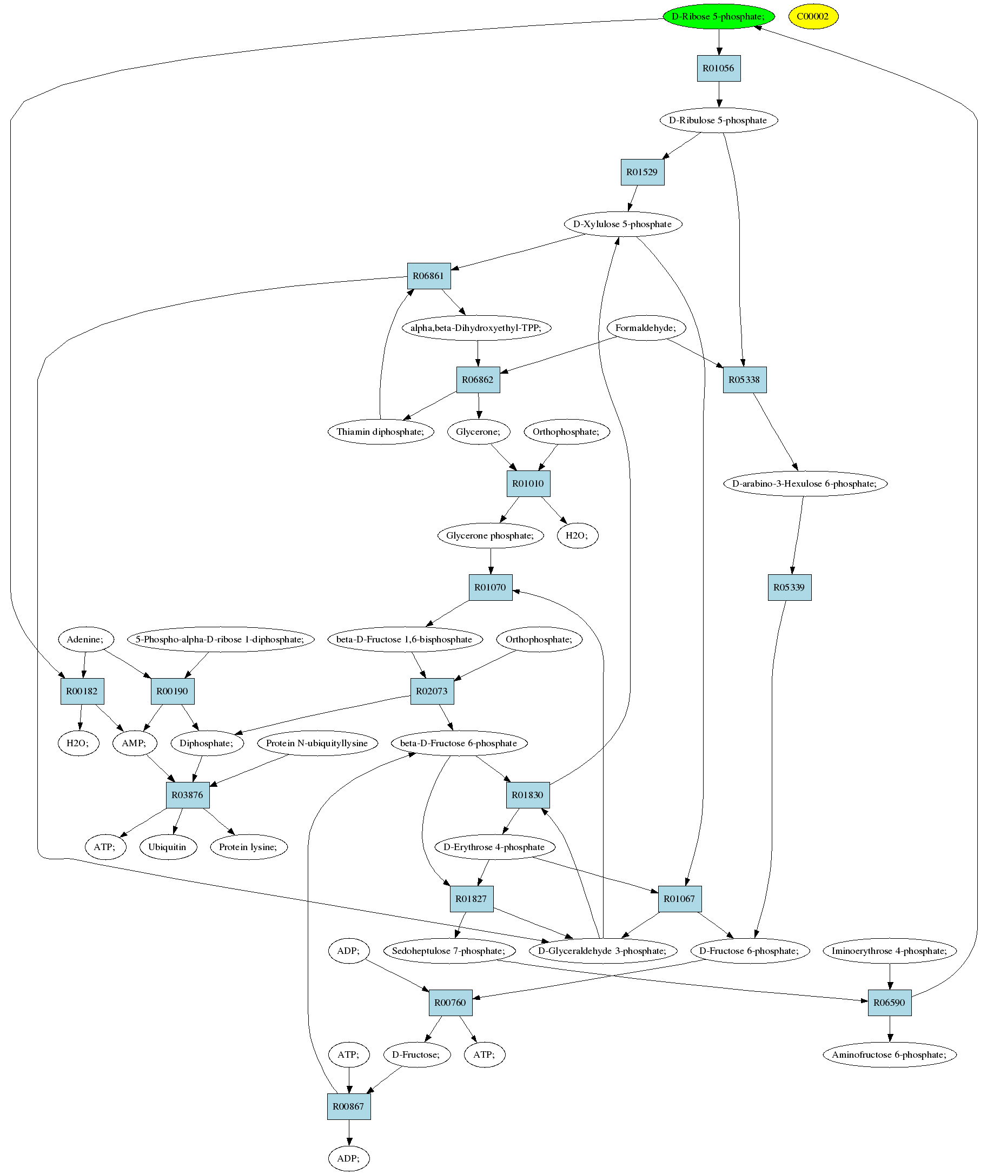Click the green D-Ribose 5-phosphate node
[718, 16]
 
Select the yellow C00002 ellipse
[813, 16]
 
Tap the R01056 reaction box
[718, 68]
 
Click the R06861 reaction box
[428, 276]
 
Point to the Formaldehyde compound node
[646, 328]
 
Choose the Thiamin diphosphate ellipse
[381, 432]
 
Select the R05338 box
[745, 380]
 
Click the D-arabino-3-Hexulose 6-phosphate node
[805, 484]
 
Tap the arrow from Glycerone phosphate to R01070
[491, 561]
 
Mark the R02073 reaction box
[432, 691]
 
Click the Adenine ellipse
[85, 639]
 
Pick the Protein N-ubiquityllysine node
[317, 744]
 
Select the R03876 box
[188, 795]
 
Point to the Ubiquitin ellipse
[168, 847]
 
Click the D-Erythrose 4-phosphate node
[495, 847]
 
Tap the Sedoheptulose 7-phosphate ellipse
[449, 951]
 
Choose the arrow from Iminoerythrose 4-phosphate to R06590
[890, 977]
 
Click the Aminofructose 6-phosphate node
[890, 1055]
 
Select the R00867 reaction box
[349, 1107]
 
